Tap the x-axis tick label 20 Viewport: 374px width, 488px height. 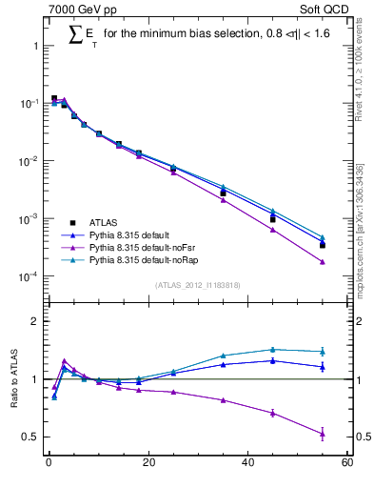pyautogui.click(x=148, y=464)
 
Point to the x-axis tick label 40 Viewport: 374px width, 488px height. pyautogui.click(x=247, y=464)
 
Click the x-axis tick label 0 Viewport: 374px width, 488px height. pyautogui.click(x=49, y=464)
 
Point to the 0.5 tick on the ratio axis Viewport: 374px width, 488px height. pyautogui.click(x=29, y=437)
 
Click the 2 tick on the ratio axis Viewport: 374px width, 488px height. pyautogui.click(x=33, y=321)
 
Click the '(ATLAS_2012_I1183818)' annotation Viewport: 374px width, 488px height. pyautogui.click(x=196, y=284)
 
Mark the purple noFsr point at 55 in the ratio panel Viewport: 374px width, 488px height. pyautogui.click(x=323, y=434)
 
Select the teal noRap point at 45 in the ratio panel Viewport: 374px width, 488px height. pyautogui.click(x=273, y=350)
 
